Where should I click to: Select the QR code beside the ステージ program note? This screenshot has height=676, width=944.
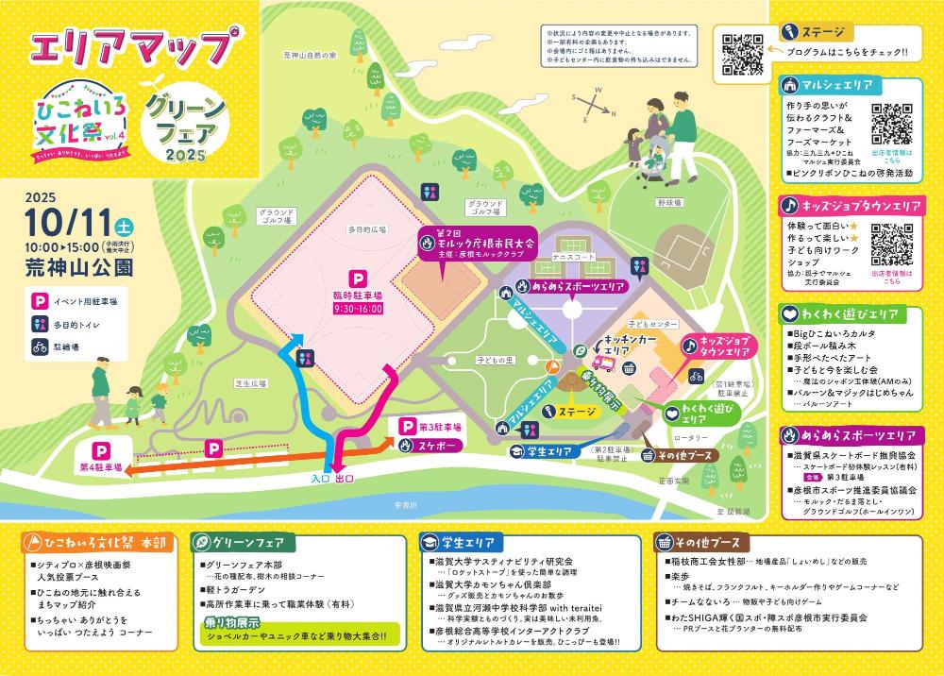point(742,53)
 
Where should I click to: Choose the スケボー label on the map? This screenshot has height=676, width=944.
point(435,444)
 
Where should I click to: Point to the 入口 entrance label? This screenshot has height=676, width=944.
point(324,479)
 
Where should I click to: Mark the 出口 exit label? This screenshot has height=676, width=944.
point(345,479)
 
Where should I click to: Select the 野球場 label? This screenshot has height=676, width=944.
point(669,202)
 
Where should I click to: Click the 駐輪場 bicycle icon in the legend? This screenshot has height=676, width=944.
point(41,346)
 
